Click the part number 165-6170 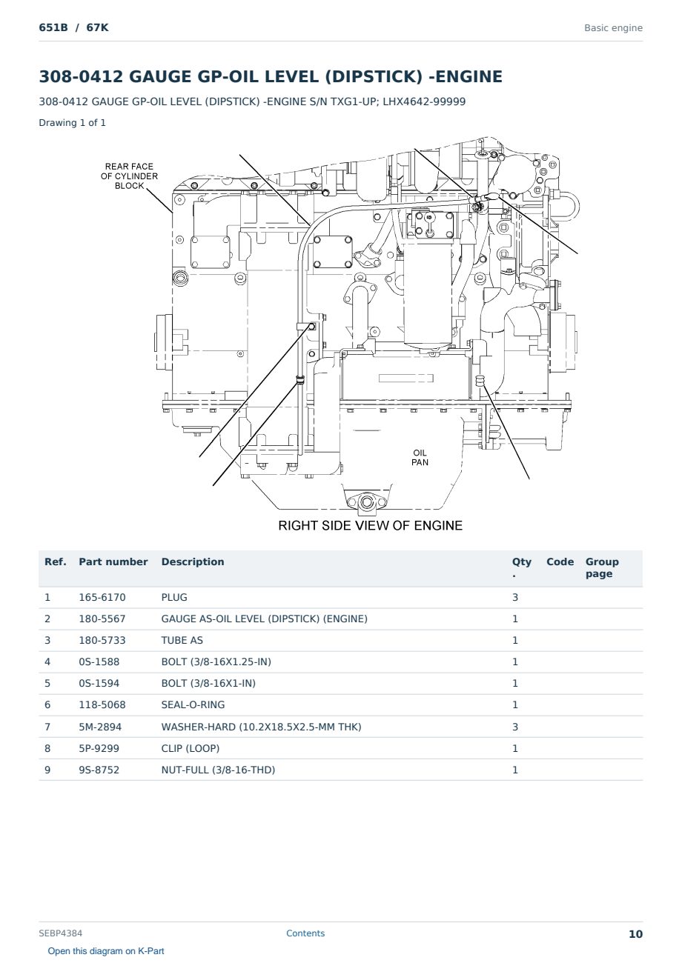pyautogui.click(x=102, y=597)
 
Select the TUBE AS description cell pyautogui.click(x=182, y=640)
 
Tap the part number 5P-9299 pyautogui.click(x=99, y=748)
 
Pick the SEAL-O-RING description pyautogui.click(x=193, y=704)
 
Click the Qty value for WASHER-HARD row pyautogui.click(x=515, y=727)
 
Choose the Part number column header pyautogui.click(x=113, y=562)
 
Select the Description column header pyautogui.click(x=193, y=562)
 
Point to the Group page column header pyautogui.click(x=602, y=568)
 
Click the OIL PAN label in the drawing pyautogui.click(x=420, y=458)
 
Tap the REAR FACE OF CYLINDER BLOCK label pyautogui.click(x=129, y=176)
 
